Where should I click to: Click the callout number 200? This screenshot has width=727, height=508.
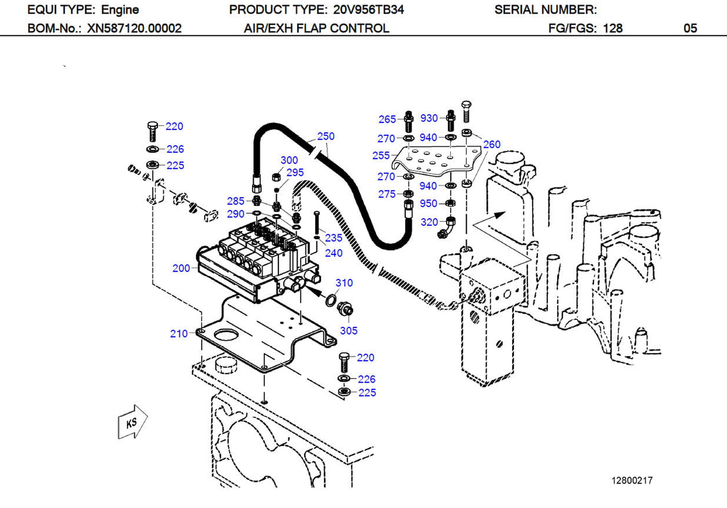[x=181, y=268]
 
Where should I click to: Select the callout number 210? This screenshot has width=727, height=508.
[x=179, y=334]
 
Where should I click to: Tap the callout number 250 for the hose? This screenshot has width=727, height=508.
[x=325, y=136]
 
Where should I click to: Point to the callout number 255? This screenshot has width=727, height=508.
[x=381, y=156]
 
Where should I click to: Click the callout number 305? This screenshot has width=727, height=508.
[x=348, y=331]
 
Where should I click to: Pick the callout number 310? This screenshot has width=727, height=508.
[x=344, y=283]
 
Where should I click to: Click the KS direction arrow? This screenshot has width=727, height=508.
[x=132, y=422]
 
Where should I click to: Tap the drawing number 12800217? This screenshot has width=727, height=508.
[x=632, y=480]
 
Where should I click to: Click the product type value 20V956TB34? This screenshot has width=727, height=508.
[x=368, y=10]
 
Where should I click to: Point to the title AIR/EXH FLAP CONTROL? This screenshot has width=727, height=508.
[x=316, y=29]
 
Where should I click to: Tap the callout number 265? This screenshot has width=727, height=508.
[x=387, y=119]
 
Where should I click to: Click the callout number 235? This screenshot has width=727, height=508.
[x=333, y=238]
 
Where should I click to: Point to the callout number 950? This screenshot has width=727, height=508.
[x=428, y=203]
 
